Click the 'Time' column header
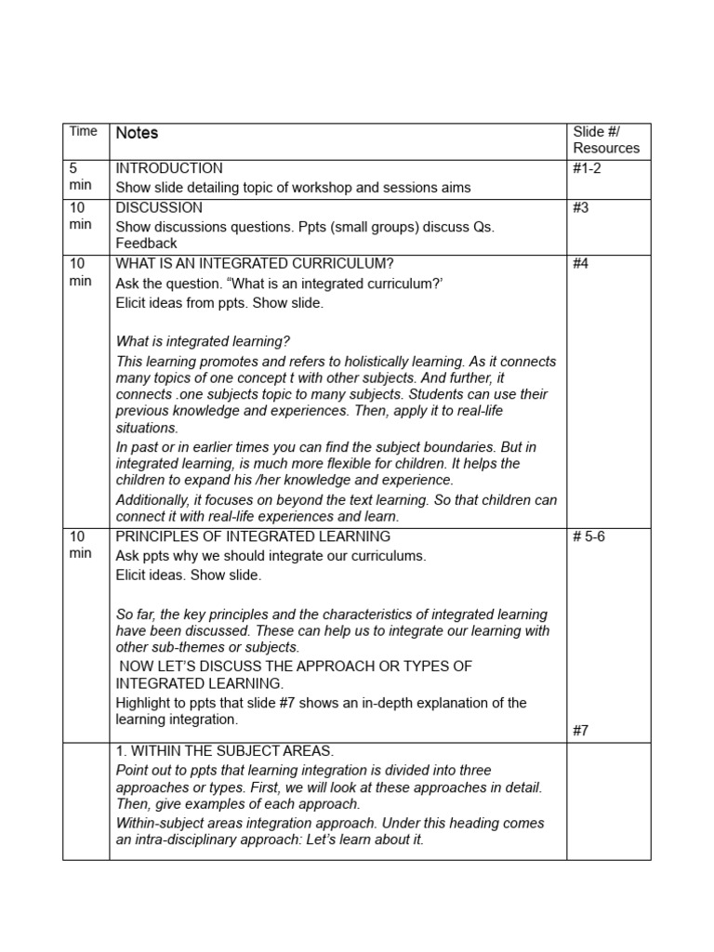pyautogui.click(x=83, y=131)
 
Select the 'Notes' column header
pyautogui.click(x=137, y=133)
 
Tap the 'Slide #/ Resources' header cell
pyautogui.click(x=606, y=139)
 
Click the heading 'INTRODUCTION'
pyautogui.click(x=168, y=168)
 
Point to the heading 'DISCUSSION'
pyautogui.click(x=158, y=207)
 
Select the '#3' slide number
pyautogui.click(x=581, y=207)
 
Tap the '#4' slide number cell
pyautogui.click(x=581, y=263)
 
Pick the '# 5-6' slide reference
pyautogui.click(x=589, y=536)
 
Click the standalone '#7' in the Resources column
pyautogui.click(x=581, y=730)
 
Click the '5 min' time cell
pyautogui.click(x=80, y=177)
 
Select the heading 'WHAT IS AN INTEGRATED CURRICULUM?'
pyautogui.click(x=248, y=263)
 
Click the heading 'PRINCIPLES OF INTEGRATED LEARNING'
pyautogui.click(x=253, y=536)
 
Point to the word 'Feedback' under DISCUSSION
pyautogui.click(x=146, y=243)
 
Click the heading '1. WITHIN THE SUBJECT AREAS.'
pyautogui.click(x=225, y=750)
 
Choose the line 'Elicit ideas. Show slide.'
pyautogui.click(x=189, y=575)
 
